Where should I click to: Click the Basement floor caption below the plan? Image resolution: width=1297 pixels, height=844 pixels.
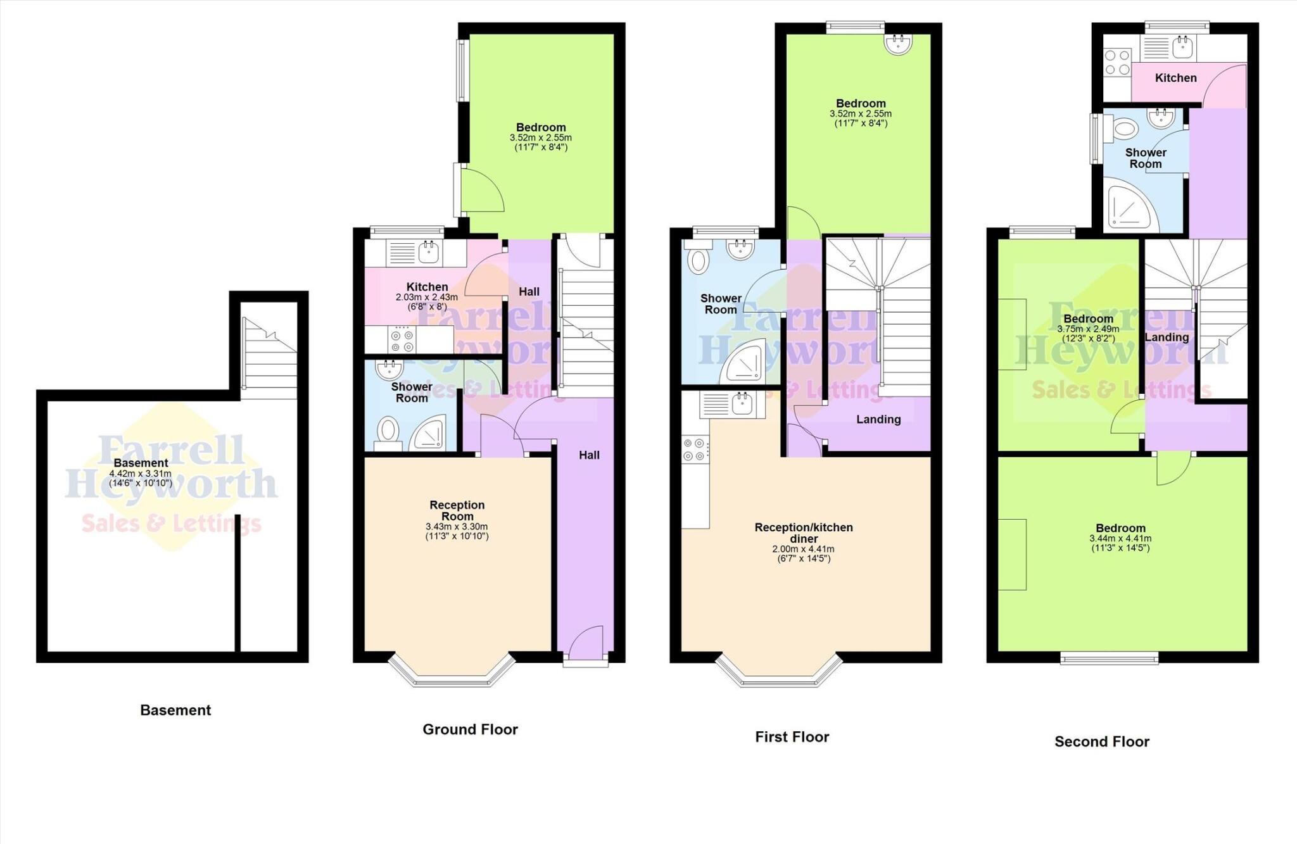tap(175, 710)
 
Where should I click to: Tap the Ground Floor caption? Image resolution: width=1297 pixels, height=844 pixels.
tap(470, 729)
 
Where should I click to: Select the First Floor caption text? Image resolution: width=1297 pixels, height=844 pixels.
tap(792, 736)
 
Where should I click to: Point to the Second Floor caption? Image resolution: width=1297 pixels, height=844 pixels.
tap(1101, 741)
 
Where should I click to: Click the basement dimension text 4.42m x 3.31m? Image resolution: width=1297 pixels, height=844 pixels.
tap(140, 474)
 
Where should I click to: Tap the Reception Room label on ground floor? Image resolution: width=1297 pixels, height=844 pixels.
tap(457, 510)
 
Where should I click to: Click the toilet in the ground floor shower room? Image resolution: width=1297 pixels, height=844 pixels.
tap(387, 433)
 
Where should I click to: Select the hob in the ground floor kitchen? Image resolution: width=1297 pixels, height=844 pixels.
tap(402, 341)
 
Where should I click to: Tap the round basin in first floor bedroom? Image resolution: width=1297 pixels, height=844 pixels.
tap(899, 44)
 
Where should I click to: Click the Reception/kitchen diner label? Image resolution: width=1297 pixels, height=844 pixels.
tap(803, 532)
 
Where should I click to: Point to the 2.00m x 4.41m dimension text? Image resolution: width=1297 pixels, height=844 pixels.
tap(803, 549)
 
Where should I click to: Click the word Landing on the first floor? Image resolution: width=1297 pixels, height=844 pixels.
tap(878, 419)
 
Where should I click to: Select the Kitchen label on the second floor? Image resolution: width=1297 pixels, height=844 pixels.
tap(1175, 78)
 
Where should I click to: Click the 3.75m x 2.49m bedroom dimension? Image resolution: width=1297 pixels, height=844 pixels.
tap(1088, 329)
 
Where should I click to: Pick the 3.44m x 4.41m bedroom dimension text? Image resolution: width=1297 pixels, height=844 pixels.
tap(1120, 539)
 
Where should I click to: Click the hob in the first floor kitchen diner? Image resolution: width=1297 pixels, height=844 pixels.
tap(694, 450)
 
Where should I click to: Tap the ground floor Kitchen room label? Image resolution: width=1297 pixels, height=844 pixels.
tap(427, 287)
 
